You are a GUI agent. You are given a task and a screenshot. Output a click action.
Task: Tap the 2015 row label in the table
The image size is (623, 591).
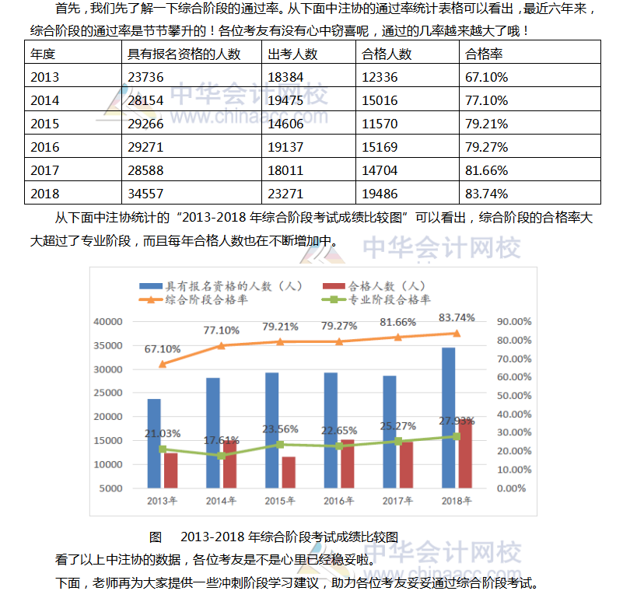pos(44,124)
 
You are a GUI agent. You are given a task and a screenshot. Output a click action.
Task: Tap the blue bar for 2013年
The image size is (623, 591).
pos(154,443)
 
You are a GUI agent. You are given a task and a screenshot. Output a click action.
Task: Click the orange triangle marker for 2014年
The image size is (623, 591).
pos(221,345)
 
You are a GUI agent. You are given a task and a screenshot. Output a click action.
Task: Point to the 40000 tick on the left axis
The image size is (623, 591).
pos(108,321)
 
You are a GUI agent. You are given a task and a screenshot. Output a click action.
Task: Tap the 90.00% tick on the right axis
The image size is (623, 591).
pos(514,321)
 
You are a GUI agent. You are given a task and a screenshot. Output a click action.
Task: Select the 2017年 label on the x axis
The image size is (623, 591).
pos(397,501)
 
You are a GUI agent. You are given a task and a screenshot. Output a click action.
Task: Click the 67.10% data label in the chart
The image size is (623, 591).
pos(163,349)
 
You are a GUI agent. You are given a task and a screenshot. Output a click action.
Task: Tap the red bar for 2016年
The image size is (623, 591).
pos(347,463)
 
